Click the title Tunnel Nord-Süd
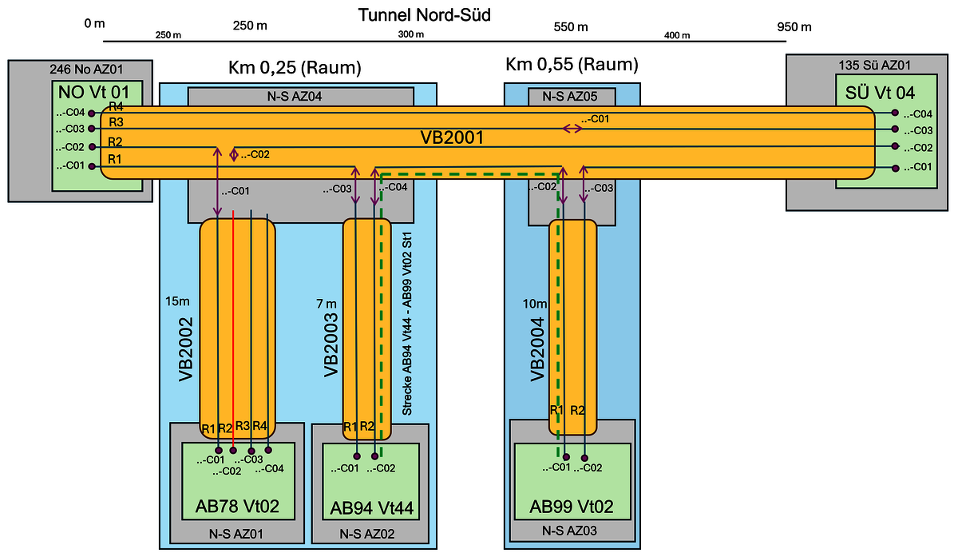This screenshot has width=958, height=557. [423, 14]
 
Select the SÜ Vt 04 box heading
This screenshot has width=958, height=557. [884, 91]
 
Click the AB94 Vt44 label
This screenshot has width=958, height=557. [370, 507]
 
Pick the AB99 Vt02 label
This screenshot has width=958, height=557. [572, 507]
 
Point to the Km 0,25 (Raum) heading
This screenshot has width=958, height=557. [295, 68]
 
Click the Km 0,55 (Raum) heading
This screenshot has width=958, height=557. [572, 64]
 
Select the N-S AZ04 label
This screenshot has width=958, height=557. [301, 97]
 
